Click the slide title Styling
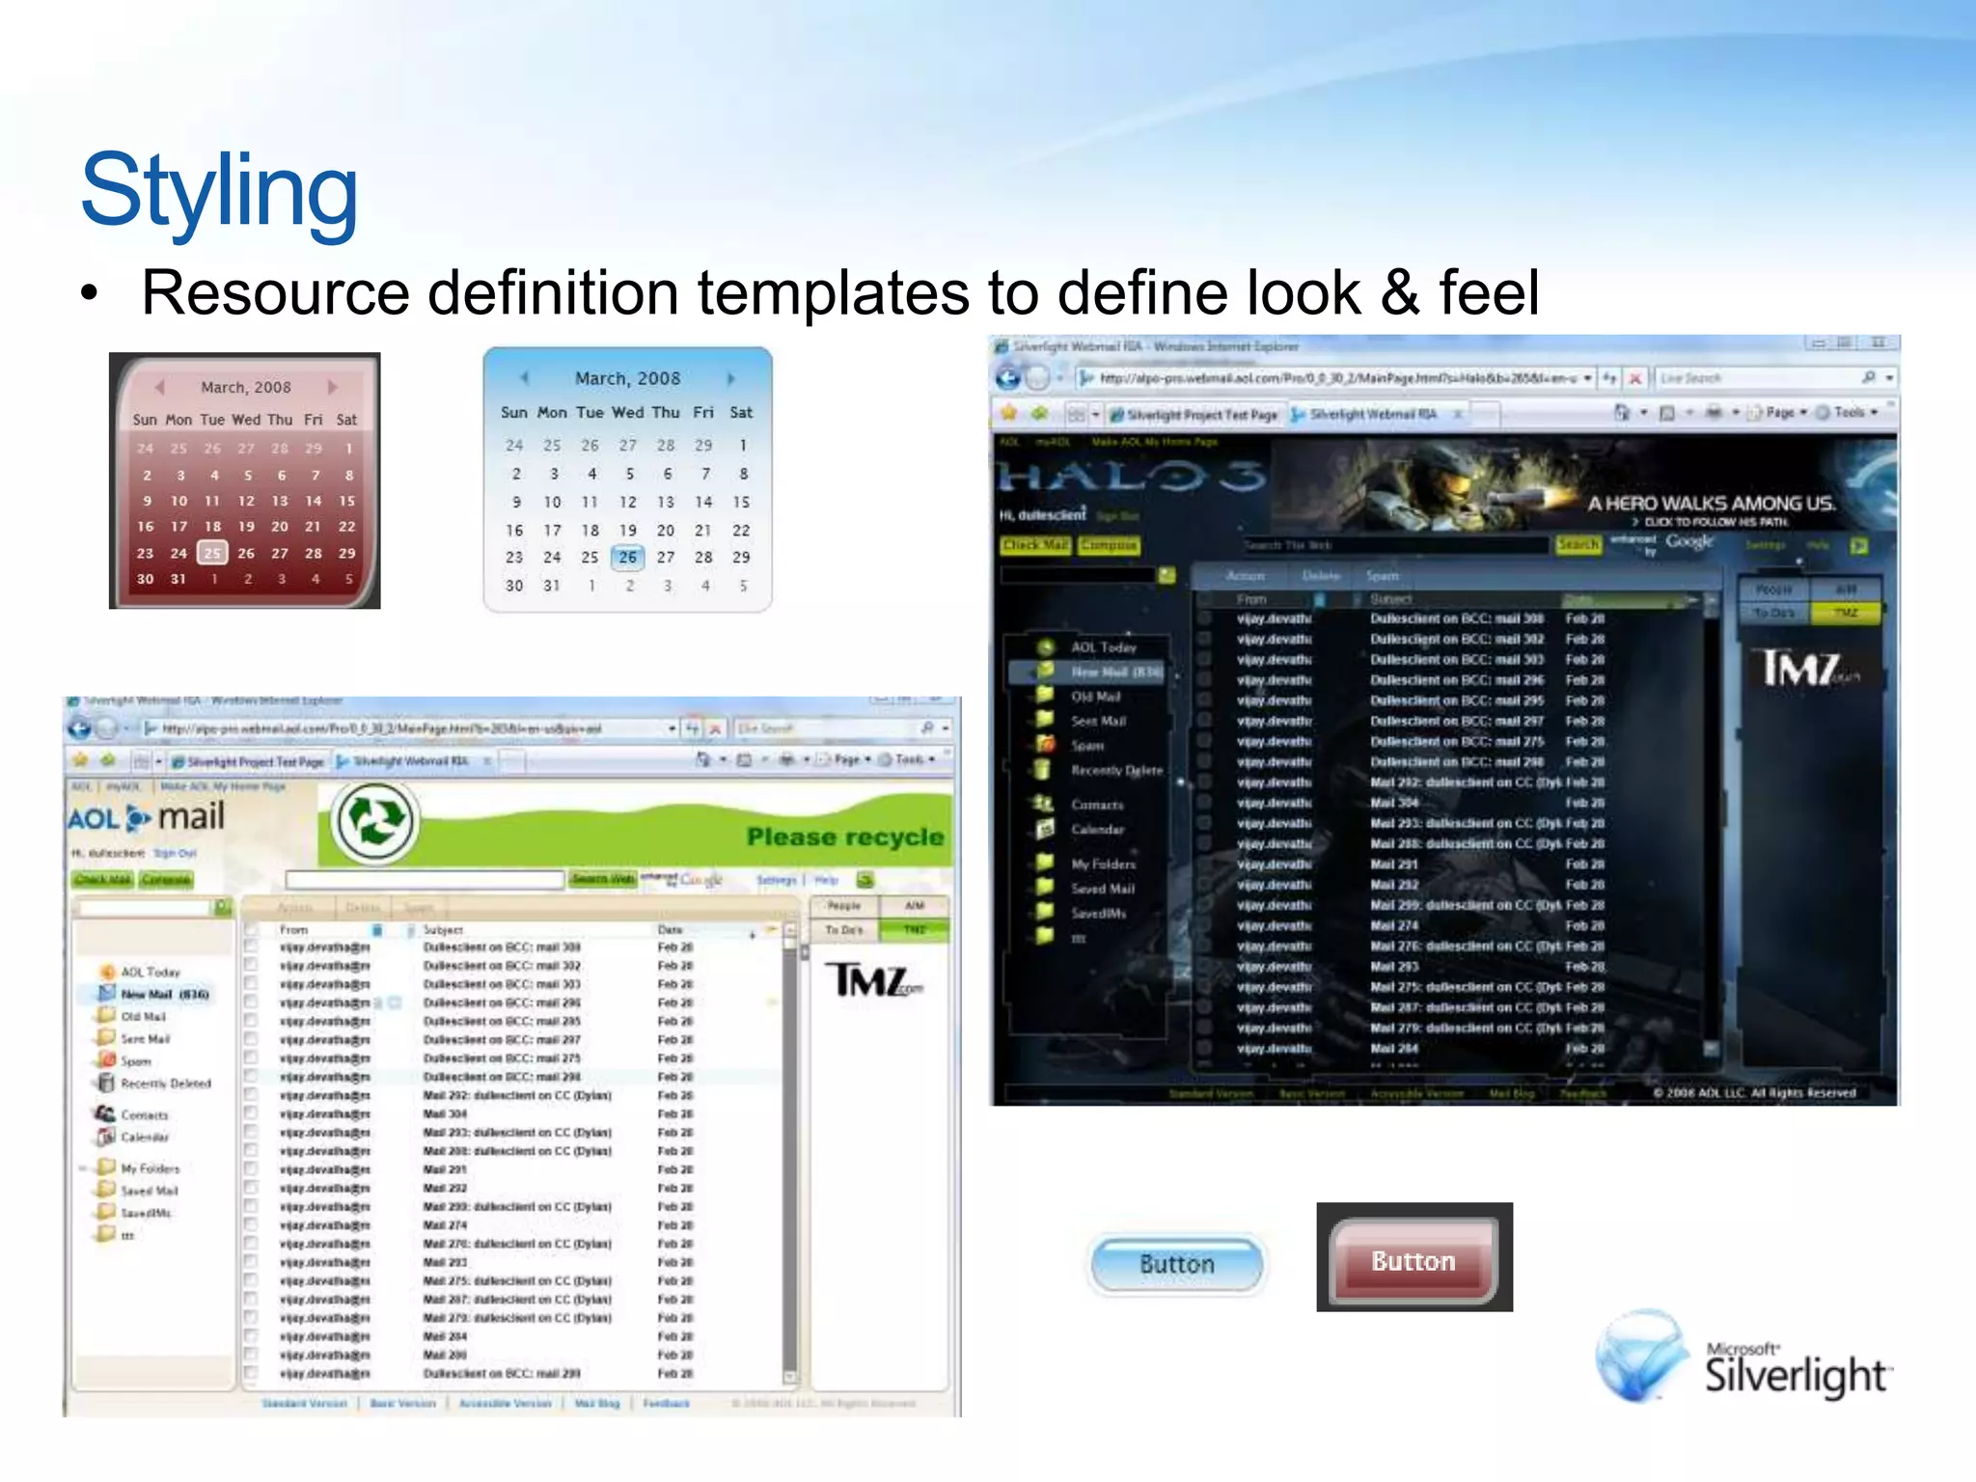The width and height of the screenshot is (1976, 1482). [219, 191]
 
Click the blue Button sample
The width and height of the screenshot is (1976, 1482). [1176, 1264]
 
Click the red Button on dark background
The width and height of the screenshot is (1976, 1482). [1413, 1261]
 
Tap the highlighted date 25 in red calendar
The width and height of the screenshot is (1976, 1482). [212, 553]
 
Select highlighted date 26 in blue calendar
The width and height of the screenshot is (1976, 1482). [628, 557]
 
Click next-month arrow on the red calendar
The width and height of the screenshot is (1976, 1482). [333, 387]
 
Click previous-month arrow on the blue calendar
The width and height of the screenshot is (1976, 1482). [525, 377]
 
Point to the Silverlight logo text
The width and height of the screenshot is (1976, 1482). [1795, 1374]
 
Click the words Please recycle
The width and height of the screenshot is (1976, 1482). [844, 837]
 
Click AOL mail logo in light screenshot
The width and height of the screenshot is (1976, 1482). [147, 818]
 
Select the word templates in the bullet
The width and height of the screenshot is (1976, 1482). [833, 293]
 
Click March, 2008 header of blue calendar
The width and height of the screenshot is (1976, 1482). [627, 378]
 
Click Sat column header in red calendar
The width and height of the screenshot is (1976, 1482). [346, 420]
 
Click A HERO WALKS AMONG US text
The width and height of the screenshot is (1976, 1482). [1711, 503]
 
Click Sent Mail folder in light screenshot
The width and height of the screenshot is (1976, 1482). [145, 1039]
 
